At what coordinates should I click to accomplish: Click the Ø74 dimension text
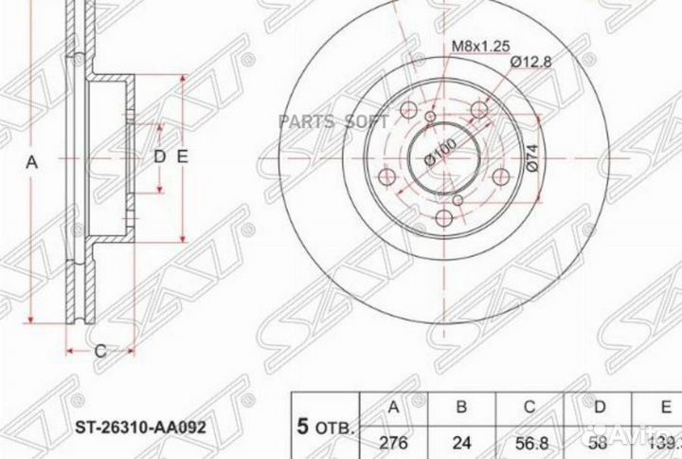pos(531,156)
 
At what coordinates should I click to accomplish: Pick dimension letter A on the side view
pos(31,162)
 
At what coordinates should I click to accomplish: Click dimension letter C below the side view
pos(99,352)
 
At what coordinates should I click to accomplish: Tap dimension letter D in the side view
pos(159,156)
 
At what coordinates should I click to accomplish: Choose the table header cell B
pos(462,408)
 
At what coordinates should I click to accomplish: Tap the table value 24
pos(462,441)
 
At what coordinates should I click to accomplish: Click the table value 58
pos(597,441)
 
